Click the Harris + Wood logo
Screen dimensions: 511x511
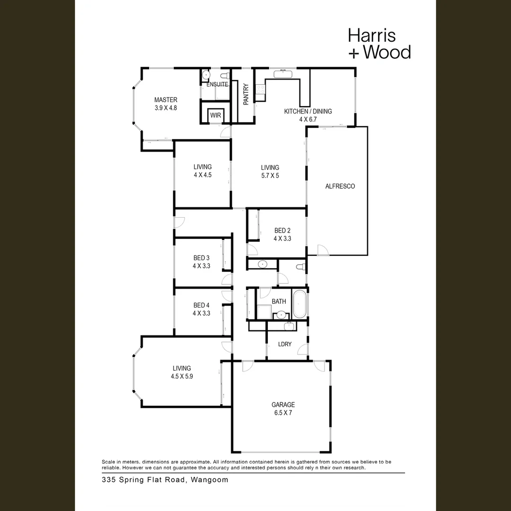point(379,44)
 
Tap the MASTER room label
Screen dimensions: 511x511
point(166,100)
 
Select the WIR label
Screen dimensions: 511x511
point(215,115)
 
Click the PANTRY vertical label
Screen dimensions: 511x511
point(246,94)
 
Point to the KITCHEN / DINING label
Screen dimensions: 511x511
point(308,111)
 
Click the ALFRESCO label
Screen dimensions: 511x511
point(340,186)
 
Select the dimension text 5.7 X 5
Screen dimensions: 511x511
point(270,176)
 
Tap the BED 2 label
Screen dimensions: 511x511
point(282,230)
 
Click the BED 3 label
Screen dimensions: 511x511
point(201,258)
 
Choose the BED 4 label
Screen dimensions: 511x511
point(201,305)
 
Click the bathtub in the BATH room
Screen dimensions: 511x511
point(299,304)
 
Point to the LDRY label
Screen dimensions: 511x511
point(285,344)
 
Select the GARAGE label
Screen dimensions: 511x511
point(283,405)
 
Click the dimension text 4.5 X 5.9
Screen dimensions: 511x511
point(182,377)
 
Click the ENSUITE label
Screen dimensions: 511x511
point(217,84)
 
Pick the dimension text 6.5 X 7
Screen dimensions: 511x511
point(283,413)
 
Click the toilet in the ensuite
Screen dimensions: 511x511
point(225,75)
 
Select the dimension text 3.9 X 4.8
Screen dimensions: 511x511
point(166,108)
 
